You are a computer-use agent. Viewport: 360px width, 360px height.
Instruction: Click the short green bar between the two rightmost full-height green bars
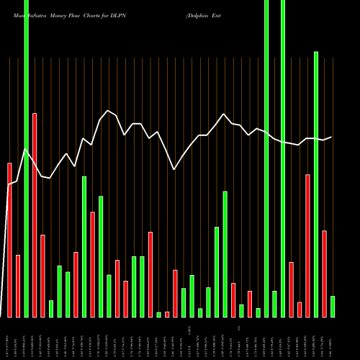coord(274,304)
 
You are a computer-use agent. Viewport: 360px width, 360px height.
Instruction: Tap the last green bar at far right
coord(333,307)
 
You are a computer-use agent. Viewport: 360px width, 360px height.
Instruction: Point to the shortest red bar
coord(167,314)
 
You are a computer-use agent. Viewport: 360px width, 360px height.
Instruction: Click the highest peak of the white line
coord(108,110)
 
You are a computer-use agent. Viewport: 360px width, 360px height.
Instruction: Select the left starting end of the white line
coord(9,185)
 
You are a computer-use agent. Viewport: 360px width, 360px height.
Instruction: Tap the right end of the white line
coord(331,137)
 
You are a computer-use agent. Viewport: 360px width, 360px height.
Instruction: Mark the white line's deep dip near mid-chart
coord(174,169)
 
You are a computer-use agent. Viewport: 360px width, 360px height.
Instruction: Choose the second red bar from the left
coord(18,286)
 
